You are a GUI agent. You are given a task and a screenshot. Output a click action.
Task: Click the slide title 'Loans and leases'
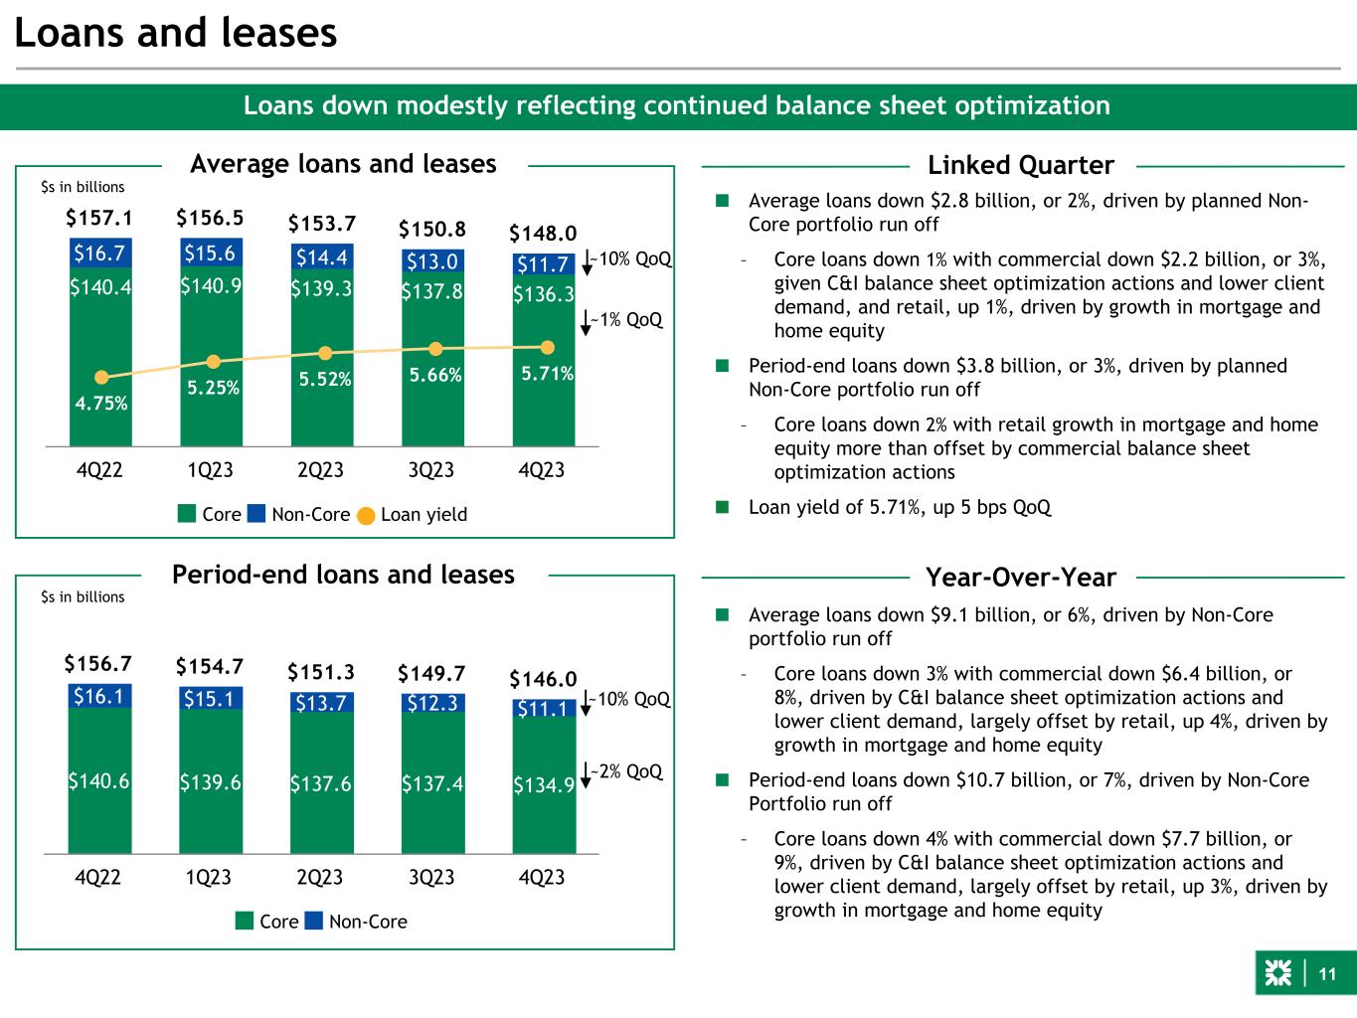click(176, 34)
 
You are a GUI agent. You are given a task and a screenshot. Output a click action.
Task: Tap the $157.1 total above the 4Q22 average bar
click(99, 217)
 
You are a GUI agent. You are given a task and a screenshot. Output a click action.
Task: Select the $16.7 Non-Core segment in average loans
click(99, 254)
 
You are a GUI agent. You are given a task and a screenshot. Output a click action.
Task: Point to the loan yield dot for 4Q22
click(100, 378)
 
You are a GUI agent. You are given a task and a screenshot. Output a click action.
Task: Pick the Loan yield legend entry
click(412, 514)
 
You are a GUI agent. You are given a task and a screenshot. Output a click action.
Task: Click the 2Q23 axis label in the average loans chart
click(321, 469)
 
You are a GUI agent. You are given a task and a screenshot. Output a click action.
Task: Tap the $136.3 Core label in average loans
click(543, 295)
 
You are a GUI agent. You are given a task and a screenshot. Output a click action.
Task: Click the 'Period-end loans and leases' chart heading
click(343, 575)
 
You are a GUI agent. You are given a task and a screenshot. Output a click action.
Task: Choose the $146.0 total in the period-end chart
click(543, 679)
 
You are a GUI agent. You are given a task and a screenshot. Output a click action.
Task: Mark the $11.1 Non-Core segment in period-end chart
click(544, 708)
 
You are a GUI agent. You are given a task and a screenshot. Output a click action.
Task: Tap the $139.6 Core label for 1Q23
click(210, 782)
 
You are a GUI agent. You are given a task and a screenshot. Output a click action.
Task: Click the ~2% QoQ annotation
click(625, 771)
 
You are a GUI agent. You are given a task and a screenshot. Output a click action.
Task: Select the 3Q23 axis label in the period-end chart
click(431, 877)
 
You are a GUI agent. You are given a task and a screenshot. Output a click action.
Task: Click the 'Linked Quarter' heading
click(1020, 165)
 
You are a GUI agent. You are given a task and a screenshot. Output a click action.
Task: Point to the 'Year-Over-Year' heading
click(1020, 577)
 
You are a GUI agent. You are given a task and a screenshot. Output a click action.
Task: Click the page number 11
click(1327, 974)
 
